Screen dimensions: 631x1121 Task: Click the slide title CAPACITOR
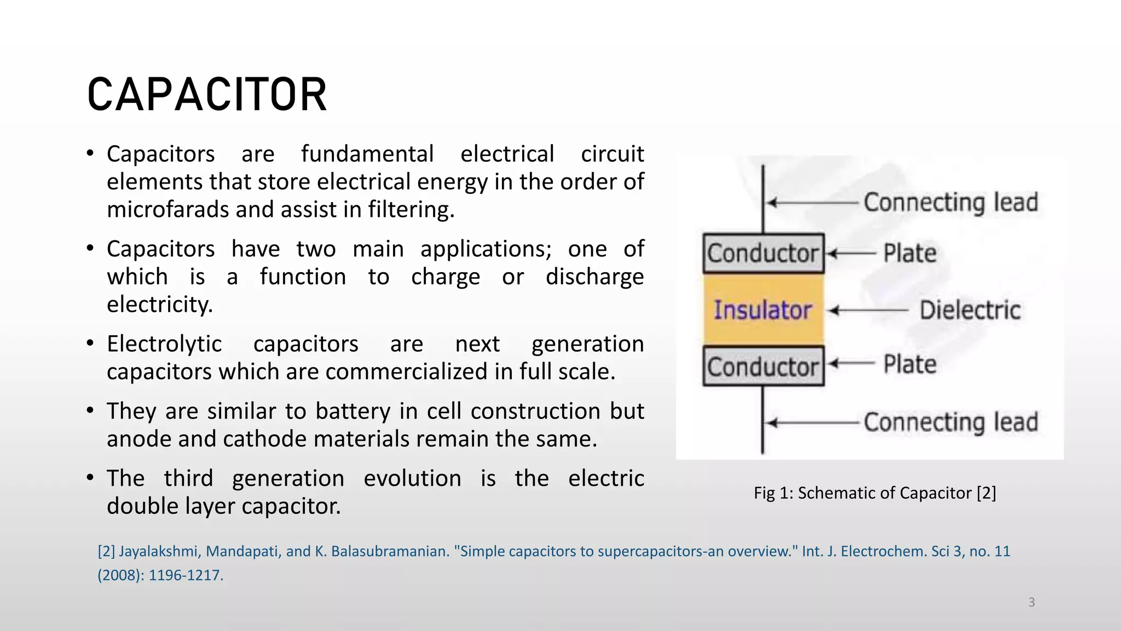[207, 95]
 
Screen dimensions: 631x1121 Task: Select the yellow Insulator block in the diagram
[763, 310]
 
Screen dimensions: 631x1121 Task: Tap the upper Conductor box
[763, 254]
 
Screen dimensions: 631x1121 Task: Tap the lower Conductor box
[763, 366]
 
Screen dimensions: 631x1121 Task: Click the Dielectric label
[970, 311]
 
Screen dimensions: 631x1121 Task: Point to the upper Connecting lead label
[951, 203]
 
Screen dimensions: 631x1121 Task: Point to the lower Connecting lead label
[951, 422]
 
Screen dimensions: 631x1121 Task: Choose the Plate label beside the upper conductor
[910, 254]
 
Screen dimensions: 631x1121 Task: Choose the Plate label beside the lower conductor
[910, 364]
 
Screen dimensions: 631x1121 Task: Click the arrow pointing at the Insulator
[869, 311]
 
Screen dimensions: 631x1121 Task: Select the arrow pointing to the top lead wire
[812, 203]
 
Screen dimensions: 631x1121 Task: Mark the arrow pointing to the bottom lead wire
[812, 423]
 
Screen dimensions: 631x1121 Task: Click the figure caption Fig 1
[875, 493]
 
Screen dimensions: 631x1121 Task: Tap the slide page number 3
[1031, 603]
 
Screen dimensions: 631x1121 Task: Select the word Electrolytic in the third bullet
[164, 344]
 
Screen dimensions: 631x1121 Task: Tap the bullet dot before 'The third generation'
[90, 478]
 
